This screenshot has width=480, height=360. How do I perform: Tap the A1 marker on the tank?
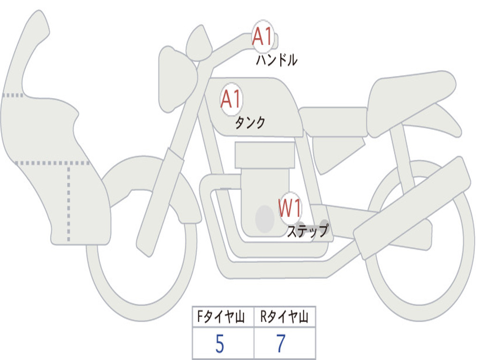(231, 99)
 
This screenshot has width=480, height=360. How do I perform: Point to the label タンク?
(250, 123)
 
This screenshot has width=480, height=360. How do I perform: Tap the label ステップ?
(307, 231)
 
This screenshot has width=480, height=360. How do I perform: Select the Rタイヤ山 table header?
(285, 317)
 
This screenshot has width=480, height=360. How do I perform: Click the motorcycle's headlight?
(176, 79)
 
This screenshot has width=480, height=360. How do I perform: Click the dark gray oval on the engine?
(265, 219)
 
